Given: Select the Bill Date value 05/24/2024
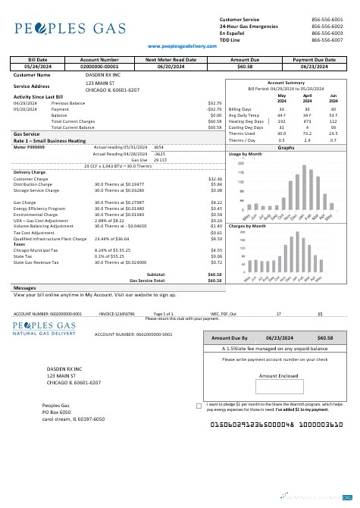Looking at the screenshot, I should click(37, 66).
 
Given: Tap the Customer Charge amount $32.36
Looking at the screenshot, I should click(214, 179).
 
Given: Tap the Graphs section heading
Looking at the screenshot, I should click(286, 148).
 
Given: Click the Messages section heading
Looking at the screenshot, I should click(25, 288).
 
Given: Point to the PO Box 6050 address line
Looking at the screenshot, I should click(56, 412).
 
